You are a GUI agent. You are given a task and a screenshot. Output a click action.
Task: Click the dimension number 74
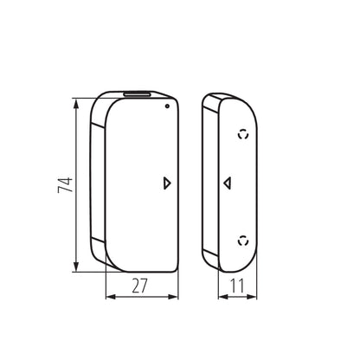(65, 185)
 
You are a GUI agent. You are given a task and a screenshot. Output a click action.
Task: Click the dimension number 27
(139, 286)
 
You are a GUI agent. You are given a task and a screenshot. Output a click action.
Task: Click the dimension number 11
(237, 286)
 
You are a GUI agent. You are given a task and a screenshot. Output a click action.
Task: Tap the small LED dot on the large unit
(167, 106)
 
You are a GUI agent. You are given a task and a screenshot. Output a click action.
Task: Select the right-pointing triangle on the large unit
(167, 183)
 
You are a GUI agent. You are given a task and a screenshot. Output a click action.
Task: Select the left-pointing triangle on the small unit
(228, 183)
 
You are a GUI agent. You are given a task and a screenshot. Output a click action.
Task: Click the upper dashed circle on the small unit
(243, 134)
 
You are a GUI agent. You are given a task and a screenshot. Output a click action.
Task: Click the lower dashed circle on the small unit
(243, 241)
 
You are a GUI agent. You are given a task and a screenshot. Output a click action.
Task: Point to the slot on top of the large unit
(138, 93)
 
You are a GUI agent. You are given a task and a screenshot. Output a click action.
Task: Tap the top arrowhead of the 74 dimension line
(76, 103)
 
